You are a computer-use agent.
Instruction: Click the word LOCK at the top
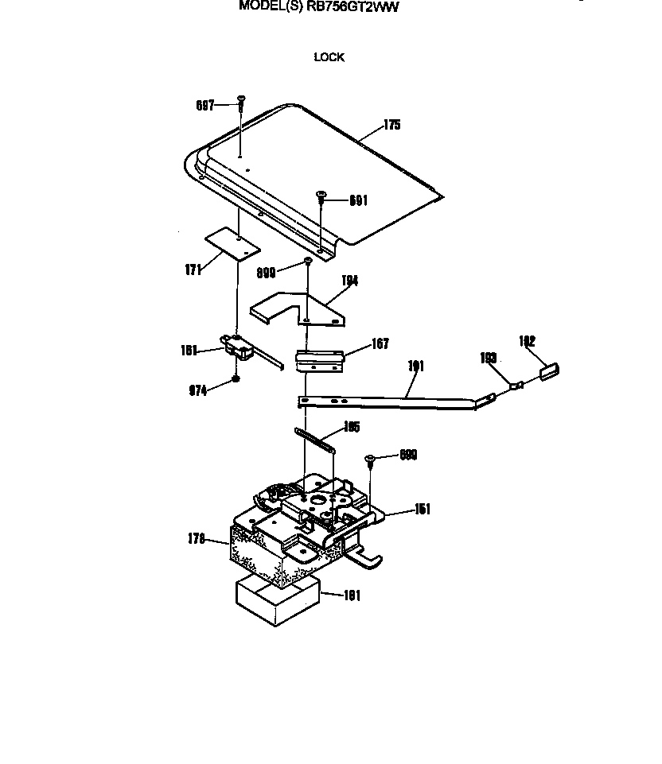pos(329,57)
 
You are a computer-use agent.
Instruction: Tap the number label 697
pos(205,105)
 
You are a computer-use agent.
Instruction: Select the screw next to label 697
pos(240,102)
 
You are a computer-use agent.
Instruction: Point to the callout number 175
pos(391,125)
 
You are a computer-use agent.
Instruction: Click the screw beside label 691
pos(322,196)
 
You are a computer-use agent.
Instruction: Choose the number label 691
pos(358,201)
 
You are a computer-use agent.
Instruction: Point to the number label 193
pos(488,359)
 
